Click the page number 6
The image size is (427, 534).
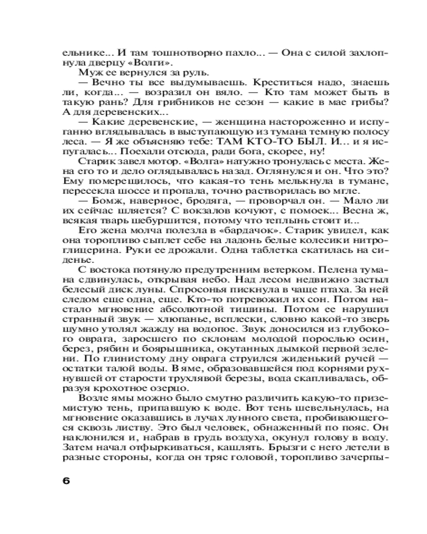[x=66, y=480]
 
